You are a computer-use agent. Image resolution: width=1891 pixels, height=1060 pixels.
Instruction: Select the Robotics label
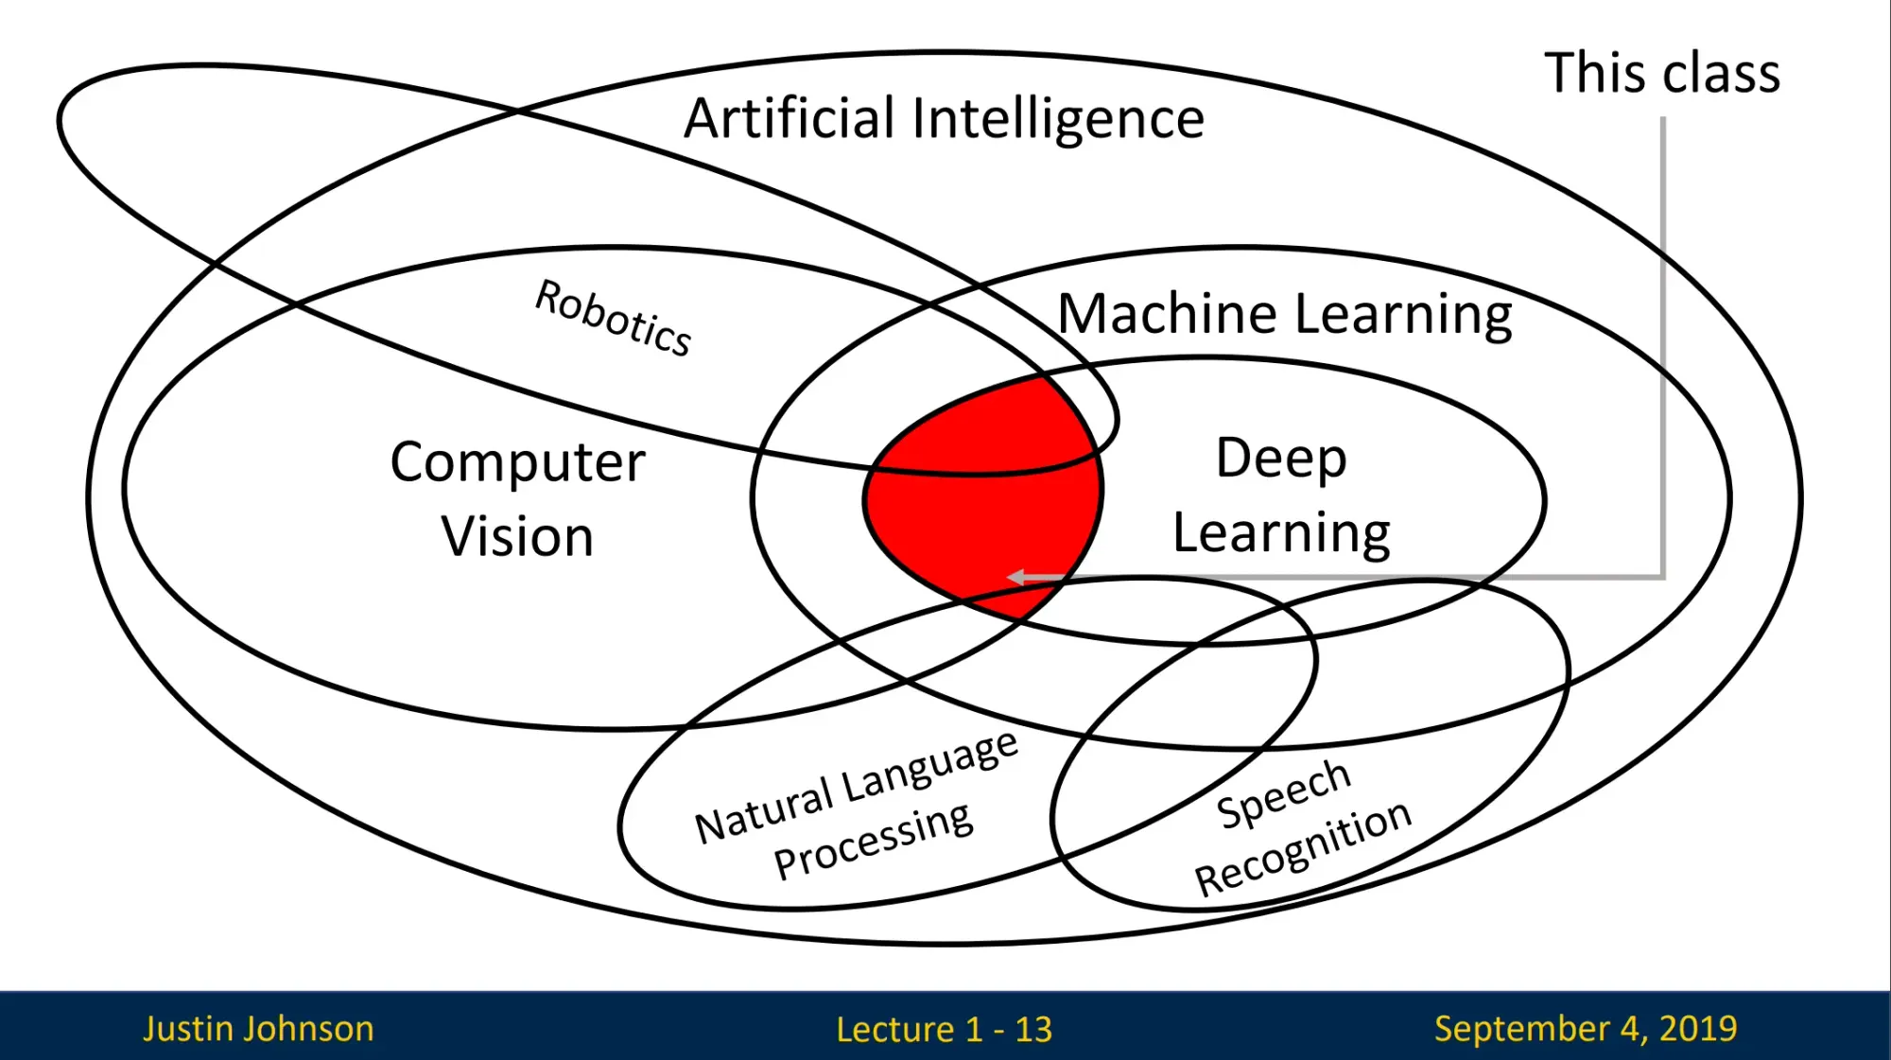click(x=613, y=318)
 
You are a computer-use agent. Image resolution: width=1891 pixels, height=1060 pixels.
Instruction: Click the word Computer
click(x=517, y=462)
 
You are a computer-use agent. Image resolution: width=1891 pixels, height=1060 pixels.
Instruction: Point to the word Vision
click(x=517, y=536)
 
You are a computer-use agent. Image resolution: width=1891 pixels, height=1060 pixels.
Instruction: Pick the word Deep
click(x=1280, y=459)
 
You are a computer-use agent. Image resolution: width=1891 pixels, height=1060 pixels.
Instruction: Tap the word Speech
click(x=1283, y=794)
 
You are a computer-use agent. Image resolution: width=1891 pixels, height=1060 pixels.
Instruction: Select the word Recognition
click(x=1302, y=848)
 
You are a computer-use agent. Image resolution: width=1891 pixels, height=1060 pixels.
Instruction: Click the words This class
click(x=1661, y=73)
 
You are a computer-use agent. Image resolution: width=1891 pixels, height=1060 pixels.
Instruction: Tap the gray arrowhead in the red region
click(x=1016, y=576)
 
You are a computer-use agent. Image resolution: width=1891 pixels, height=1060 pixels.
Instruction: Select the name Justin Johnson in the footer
click(x=258, y=1028)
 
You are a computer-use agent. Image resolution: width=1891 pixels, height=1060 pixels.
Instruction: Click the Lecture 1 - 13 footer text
click(x=944, y=1029)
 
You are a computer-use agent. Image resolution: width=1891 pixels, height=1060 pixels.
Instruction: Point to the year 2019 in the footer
click(x=1698, y=1028)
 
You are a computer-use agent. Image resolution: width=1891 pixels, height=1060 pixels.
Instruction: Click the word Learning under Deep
click(x=1280, y=533)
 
